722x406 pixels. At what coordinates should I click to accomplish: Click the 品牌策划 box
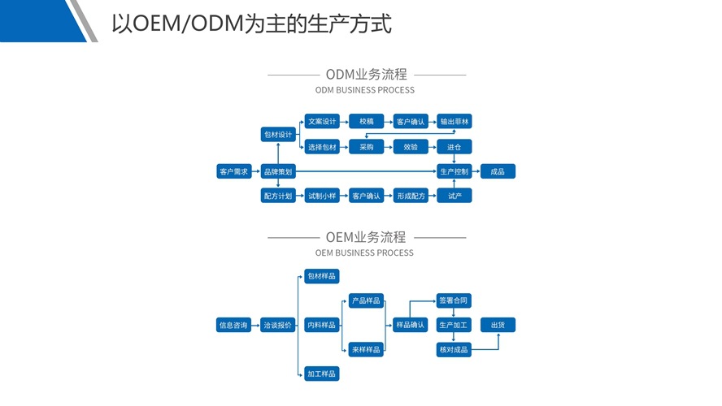278,171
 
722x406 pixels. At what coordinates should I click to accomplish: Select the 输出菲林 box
455,122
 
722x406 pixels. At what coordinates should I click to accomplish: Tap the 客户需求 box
233,171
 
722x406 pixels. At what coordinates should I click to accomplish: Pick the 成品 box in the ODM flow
498,171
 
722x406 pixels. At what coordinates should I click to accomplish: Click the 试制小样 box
322,196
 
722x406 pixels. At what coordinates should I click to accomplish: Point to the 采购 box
366,147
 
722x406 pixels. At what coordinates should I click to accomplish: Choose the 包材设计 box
278,134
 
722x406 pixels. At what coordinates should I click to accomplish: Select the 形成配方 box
411,196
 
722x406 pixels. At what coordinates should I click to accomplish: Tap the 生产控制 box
455,171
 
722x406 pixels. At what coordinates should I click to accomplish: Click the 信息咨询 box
233,326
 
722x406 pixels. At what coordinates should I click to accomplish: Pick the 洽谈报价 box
278,326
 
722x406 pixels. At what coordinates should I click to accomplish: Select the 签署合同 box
454,300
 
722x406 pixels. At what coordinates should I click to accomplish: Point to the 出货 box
498,326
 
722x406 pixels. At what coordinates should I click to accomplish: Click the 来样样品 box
366,350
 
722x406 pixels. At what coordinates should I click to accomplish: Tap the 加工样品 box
322,374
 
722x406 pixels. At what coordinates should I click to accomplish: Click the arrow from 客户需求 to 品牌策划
256,171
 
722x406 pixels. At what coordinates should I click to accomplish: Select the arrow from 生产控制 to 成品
476,171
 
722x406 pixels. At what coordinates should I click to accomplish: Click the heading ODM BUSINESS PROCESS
364,90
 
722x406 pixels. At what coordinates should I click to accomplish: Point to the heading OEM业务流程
365,237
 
